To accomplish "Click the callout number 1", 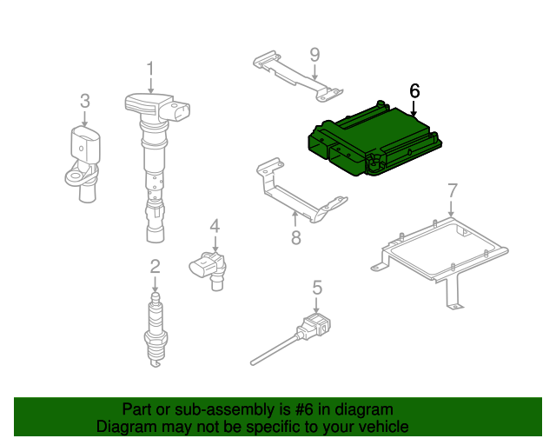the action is (150, 69).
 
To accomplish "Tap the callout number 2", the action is (155, 267).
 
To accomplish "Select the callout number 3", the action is (85, 101).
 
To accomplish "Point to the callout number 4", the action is (215, 226).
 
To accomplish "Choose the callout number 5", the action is (317, 288).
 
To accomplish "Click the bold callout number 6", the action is (414, 91).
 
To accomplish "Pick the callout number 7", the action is (453, 190).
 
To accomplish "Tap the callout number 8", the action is (296, 237).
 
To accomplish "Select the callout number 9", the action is (314, 55).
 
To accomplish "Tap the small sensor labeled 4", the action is (209, 269).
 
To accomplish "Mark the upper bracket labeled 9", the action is (298, 76).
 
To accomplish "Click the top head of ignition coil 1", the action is (157, 106).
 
